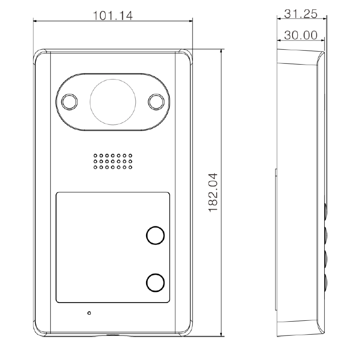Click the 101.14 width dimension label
[113, 15]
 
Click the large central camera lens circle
[113, 101]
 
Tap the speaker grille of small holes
[113, 161]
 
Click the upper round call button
[155, 236]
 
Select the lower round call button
[155, 282]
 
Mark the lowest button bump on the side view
[324, 282]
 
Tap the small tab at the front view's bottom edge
[113, 335]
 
